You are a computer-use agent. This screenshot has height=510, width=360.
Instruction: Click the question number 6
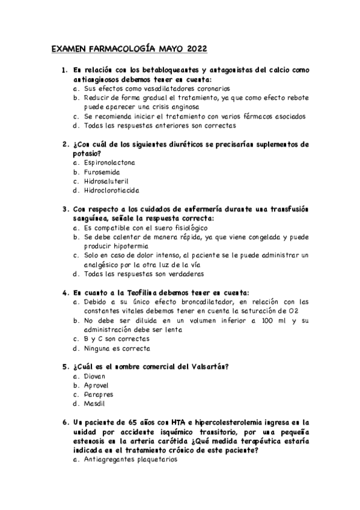coord(65,422)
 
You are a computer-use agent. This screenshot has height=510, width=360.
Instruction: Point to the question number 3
coord(65,209)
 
